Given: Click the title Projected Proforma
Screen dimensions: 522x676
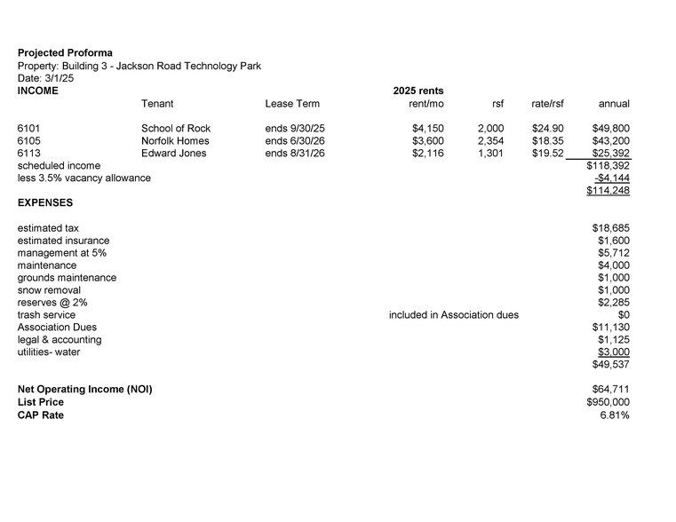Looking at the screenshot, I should pos(65,53).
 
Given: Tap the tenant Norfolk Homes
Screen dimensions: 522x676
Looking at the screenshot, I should pos(175,141).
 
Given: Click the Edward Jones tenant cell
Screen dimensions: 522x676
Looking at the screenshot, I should pos(173,154).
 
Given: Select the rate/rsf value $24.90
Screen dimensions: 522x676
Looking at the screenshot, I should pos(547,129).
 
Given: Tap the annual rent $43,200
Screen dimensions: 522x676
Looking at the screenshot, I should pos(610,141).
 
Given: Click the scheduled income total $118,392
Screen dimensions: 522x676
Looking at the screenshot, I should pos(608,166).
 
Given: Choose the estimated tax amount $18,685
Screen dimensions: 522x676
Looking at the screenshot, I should pos(610,228).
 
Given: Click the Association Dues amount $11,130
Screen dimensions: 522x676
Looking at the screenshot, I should pos(610,328).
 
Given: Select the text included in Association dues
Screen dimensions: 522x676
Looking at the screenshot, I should pos(453,315).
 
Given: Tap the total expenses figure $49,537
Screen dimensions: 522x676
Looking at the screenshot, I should pos(610,365).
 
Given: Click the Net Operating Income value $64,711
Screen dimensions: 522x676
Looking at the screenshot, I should pos(610,390).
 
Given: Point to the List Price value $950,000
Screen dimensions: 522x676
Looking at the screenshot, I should pos(608,402).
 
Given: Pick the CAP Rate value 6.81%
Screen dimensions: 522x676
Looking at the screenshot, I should pos(615,415).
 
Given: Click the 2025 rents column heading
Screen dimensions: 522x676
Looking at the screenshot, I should pos(418,91).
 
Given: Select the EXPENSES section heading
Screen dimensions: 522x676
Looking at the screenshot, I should pos(45,203).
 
